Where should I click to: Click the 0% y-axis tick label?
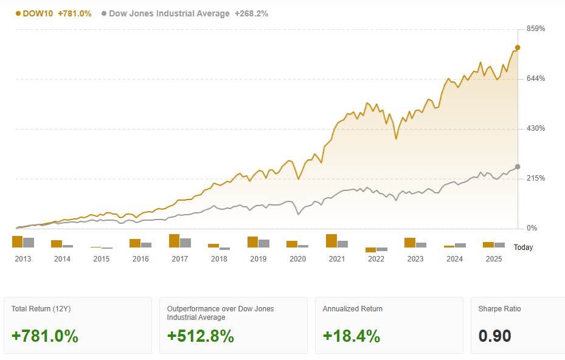pyautogui.click(x=532, y=228)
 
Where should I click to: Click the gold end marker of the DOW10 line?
pyautogui.click(x=518, y=47)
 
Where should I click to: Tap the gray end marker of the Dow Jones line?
pyautogui.click(x=518, y=167)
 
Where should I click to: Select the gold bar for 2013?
pyautogui.click(x=17, y=241)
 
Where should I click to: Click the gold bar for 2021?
pyautogui.click(x=331, y=241)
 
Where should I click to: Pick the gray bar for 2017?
pyautogui.click(x=185, y=243)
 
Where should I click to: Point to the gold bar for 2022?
pyautogui.click(x=370, y=249)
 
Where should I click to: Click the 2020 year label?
pyautogui.click(x=297, y=258)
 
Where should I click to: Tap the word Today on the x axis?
pyautogui.click(x=523, y=247)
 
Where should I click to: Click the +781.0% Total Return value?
pyautogui.click(x=45, y=336)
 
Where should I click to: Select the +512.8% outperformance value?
pyautogui.click(x=201, y=336)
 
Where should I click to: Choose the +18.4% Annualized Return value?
pyautogui.click(x=352, y=336)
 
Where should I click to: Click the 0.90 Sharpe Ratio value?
pyautogui.click(x=495, y=336)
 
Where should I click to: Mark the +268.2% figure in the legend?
pyautogui.click(x=251, y=13)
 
